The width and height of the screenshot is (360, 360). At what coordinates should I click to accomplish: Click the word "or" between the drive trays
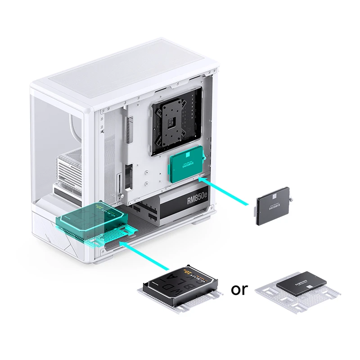click(x=239, y=289)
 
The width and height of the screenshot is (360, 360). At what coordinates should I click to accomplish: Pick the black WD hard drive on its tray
click(x=180, y=283)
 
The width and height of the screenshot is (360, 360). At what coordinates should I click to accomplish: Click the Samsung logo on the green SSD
click(x=186, y=166)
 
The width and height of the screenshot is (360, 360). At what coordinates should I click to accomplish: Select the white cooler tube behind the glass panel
click(x=72, y=130)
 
